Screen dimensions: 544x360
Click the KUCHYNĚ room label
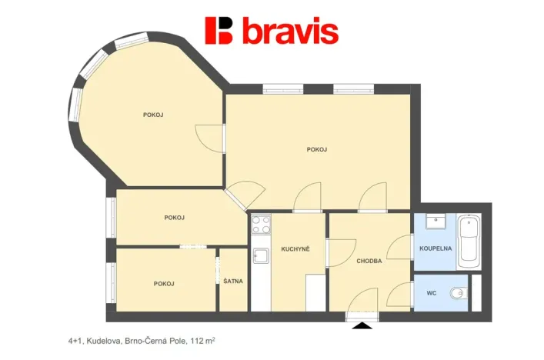point(295,249)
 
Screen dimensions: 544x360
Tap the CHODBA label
point(369,261)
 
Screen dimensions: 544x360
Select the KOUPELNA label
point(436,248)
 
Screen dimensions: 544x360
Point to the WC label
point(431,293)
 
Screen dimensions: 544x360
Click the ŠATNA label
point(233,281)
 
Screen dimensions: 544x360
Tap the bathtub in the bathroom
point(469,242)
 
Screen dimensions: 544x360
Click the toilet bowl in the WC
point(459,294)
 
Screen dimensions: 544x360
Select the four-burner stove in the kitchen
point(261,225)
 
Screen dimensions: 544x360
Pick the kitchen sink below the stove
point(261,255)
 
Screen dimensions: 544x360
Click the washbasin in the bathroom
point(436,222)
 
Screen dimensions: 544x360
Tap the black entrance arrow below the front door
point(362,325)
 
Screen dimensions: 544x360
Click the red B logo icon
point(219,31)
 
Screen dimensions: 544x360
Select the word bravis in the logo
point(291,32)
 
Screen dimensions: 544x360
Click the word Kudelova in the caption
point(104,341)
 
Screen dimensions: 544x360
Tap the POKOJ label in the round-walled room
point(153,115)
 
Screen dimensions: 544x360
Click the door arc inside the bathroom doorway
point(399,247)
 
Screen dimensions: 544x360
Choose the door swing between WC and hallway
point(399,295)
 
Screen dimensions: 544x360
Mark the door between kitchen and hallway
point(342,253)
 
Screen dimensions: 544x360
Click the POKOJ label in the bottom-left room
point(164,284)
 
